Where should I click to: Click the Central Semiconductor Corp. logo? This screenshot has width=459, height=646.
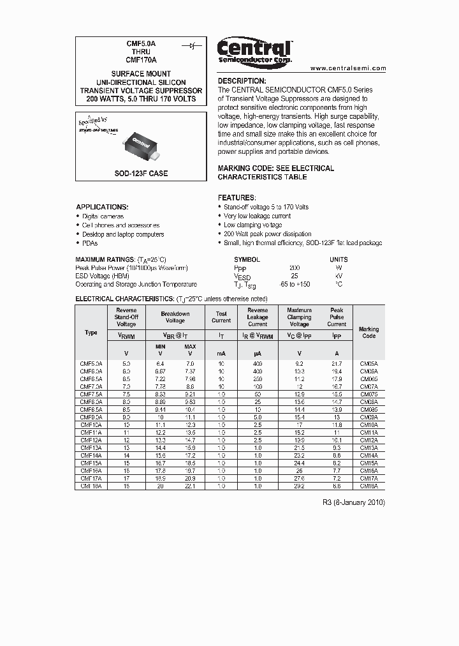click(x=254, y=50)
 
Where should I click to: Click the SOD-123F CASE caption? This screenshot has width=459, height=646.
click(x=140, y=173)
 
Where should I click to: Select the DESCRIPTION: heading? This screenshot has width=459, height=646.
click(x=242, y=81)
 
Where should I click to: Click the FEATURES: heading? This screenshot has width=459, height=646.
click(x=237, y=198)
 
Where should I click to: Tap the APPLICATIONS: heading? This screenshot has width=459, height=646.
click(x=102, y=207)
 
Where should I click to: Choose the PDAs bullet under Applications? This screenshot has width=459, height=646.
click(x=91, y=243)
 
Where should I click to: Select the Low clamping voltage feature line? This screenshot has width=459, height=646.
click(x=252, y=225)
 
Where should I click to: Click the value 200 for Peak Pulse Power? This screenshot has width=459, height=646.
click(x=295, y=268)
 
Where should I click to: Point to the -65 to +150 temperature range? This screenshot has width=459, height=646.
click(x=295, y=285)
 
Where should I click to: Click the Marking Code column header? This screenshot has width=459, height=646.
click(x=368, y=333)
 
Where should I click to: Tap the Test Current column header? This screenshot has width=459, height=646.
click(x=221, y=317)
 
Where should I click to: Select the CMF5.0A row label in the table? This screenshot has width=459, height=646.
click(x=91, y=363)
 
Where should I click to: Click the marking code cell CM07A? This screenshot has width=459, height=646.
click(x=368, y=387)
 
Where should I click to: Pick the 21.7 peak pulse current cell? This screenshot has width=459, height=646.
click(x=337, y=363)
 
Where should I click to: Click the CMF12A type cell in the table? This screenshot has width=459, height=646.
click(x=91, y=440)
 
